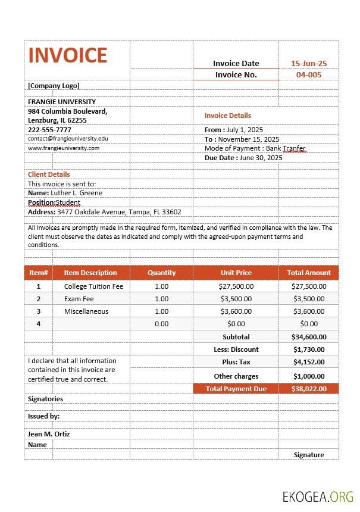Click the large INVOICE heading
[68, 55]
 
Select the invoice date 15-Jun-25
[308, 64]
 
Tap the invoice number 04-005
[308, 75]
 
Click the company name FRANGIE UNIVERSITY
[62, 102]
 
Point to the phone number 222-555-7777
[49, 130]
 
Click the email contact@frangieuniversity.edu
[68, 139]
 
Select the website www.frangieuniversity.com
[64, 148]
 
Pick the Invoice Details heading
[228, 115]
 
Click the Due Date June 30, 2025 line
[243, 158]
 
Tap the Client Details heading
[49, 174]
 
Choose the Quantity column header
[162, 273]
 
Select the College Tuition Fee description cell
[93, 286]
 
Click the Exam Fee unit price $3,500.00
[236, 299]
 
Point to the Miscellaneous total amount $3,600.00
[309, 311]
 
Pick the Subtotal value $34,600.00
[309, 337]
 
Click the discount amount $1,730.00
[309, 349]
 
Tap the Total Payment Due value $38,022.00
[309, 389]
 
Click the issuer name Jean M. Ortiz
[49, 434]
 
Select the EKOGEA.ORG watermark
[318, 496]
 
